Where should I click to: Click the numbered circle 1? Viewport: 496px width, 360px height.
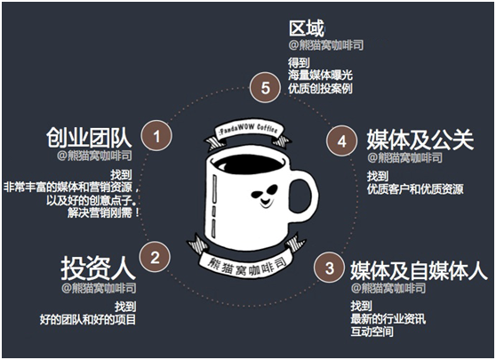point(156,136)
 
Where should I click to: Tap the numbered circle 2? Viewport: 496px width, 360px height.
point(155,257)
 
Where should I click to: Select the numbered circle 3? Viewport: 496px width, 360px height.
point(329,268)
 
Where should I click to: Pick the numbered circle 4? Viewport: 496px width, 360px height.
point(341,141)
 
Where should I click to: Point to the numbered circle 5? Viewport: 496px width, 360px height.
point(265,88)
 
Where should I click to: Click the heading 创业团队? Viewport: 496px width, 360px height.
point(89,138)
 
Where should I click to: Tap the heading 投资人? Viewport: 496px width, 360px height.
point(98,268)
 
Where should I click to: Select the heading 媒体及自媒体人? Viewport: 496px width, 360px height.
point(419,271)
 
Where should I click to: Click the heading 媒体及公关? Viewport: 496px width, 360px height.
point(420,140)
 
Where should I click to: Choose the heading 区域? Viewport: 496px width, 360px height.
point(307,28)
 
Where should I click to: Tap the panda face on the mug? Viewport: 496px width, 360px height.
point(264,196)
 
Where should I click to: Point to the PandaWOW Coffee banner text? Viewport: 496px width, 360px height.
point(248,129)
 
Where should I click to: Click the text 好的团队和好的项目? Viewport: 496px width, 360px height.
point(88,319)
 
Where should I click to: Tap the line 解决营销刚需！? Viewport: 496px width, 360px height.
point(103,212)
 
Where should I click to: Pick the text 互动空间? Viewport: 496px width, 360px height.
point(372,332)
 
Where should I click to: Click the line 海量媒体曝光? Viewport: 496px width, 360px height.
point(320,76)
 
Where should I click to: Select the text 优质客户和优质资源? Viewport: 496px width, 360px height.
point(415,189)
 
